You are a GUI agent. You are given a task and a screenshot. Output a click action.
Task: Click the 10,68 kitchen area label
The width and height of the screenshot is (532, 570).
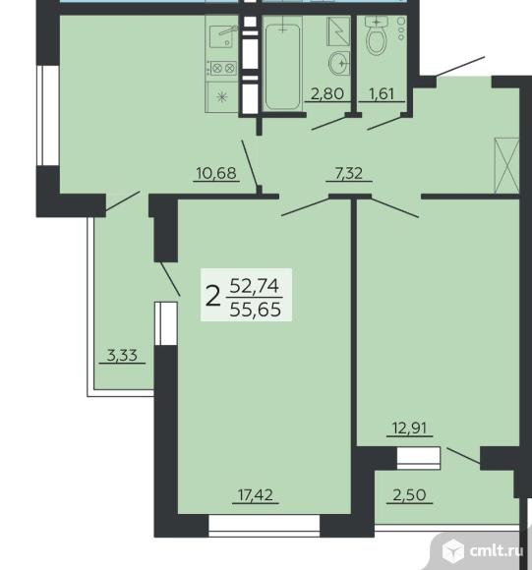coord(216,173)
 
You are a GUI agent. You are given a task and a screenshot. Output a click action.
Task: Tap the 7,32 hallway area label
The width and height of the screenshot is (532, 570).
coord(349,173)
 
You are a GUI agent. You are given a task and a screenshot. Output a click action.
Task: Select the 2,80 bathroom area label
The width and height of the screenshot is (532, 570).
coord(327,93)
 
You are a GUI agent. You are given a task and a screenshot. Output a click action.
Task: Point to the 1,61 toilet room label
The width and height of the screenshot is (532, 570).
coord(382,93)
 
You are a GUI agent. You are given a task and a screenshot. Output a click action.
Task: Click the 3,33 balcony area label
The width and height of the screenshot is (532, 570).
coord(122,355)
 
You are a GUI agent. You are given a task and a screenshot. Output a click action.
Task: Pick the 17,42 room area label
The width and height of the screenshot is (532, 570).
coord(256,494)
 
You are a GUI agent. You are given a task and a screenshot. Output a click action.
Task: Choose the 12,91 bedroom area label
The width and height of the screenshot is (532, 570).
coord(409,427)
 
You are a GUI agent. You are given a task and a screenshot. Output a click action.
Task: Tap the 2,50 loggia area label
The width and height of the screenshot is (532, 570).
coord(409,494)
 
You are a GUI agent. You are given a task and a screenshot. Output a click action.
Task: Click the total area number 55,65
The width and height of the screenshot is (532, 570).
coord(256,310)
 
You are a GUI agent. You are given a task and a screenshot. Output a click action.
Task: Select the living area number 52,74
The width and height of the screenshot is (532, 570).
coord(255,286)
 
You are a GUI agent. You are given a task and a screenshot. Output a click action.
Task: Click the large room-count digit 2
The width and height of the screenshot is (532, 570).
coord(213,296)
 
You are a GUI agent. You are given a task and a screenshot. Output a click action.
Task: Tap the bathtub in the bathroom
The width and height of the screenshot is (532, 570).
coord(282,62)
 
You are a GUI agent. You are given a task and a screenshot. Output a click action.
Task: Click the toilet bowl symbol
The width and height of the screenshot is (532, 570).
coord(377,36)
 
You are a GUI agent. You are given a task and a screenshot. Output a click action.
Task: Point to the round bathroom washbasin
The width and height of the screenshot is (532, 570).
coord(339,63)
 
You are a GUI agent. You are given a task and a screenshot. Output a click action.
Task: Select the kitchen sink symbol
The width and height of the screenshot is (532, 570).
coord(223,36)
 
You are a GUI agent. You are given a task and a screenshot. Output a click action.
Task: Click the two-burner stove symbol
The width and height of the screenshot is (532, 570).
coord(223,68)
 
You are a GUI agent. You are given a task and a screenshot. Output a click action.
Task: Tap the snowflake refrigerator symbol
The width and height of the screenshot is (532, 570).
coord(222,97)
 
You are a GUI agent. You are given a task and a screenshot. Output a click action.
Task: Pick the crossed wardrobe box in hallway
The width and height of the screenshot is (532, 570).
coord(506,165)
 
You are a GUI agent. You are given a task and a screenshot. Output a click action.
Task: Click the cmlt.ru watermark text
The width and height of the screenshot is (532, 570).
coord(497,551)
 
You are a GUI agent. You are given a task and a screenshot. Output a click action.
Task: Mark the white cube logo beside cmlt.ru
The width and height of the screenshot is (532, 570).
coord(452,550)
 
